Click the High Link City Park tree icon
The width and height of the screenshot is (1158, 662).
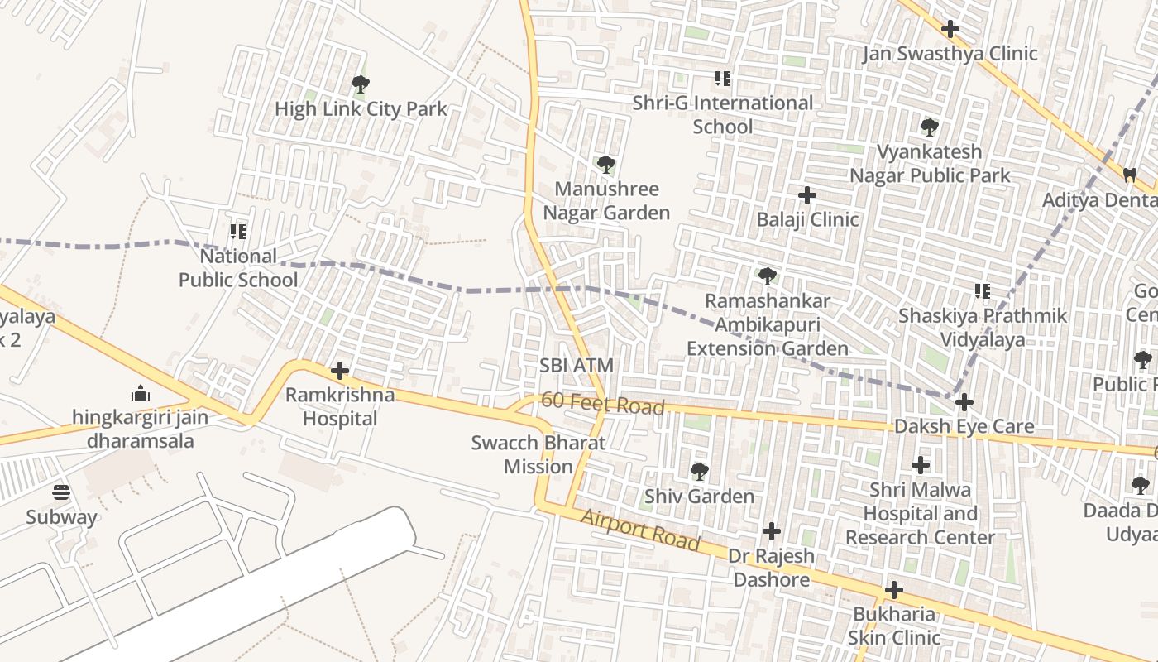360,84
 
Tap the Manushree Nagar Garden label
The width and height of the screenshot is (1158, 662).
606,201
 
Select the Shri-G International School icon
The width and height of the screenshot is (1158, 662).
723,79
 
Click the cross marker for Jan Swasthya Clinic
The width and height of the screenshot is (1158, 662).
950,29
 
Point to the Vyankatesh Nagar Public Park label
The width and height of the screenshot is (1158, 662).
930,164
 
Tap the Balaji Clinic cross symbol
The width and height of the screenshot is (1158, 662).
807,195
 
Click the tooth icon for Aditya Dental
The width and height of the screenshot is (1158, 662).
1129,175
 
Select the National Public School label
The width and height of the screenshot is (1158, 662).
238,268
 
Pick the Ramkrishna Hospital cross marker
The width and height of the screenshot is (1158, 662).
339,371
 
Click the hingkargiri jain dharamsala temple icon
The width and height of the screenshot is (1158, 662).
141,392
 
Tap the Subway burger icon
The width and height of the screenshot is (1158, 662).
61,493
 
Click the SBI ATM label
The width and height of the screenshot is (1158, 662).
577,365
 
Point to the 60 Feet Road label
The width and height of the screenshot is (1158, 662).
602,405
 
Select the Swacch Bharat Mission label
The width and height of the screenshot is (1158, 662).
538,454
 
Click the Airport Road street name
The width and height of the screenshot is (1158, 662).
640,530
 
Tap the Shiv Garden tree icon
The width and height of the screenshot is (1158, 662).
699,472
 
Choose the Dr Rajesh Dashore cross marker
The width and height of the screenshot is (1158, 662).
772,530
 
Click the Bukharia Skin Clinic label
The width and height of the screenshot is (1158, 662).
894,626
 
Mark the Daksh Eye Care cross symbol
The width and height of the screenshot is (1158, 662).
964,402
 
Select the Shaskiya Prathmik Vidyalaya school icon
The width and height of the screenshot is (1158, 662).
983,291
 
